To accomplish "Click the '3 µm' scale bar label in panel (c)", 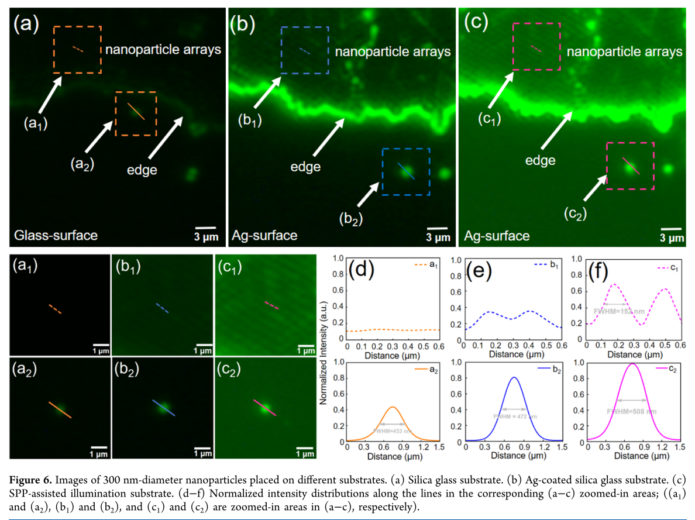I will [672, 238].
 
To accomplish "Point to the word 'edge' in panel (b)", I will [305, 167].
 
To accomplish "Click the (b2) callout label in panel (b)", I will [351, 219].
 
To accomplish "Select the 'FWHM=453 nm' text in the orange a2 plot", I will [393, 431].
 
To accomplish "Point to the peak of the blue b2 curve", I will [513, 377].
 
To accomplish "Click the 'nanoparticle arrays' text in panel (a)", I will [163, 49].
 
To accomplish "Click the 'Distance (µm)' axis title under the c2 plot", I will [632, 456].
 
